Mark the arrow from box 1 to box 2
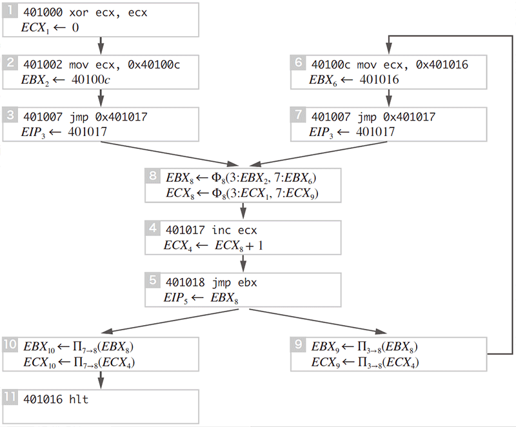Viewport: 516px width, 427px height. pos(101,45)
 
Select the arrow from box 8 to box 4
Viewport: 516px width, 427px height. pos(243,211)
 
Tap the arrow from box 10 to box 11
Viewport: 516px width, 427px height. pos(101,380)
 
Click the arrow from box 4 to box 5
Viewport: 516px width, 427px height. pos(243,263)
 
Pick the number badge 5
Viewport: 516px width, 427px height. pos(152,281)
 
